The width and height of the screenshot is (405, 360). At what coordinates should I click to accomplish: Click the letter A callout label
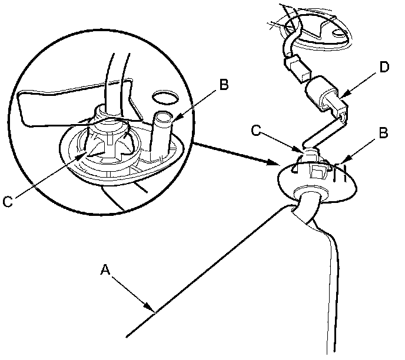pos(105,269)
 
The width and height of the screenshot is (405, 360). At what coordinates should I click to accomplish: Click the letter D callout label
pos(384,68)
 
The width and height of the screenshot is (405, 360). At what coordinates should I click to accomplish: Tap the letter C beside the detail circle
pos(8,201)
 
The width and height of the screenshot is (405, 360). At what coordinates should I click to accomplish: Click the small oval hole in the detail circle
pos(164,96)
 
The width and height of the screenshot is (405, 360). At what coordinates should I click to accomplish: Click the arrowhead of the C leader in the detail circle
pos(85,157)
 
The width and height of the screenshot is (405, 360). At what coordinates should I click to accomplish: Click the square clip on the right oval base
pos(318,171)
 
